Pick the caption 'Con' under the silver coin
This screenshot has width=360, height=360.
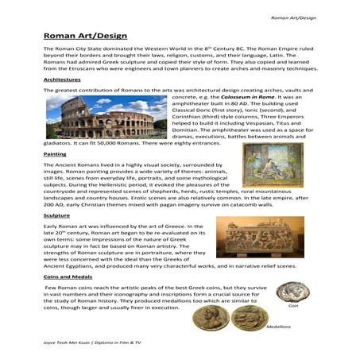[292, 305]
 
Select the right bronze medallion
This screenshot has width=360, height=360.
[273, 315]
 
